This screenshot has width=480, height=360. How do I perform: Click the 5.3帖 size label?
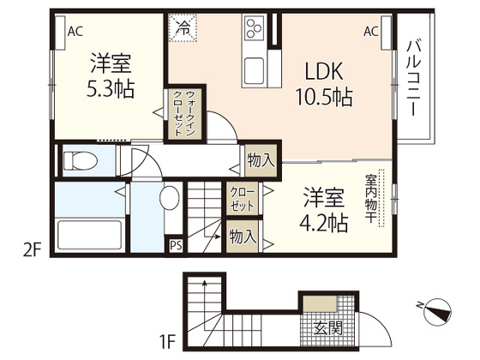(x=111, y=90)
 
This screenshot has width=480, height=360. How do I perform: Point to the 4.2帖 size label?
(x=323, y=223)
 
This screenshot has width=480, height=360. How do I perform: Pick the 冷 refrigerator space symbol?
(x=182, y=27)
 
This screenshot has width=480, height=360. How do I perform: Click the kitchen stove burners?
(x=255, y=28)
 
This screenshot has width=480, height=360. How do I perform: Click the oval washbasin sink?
(x=170, y=200)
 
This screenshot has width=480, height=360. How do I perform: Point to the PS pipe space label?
(x=176, y=246)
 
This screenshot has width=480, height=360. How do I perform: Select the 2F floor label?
(x=31, y=252)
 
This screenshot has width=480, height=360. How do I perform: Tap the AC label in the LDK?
(x=371, y=32)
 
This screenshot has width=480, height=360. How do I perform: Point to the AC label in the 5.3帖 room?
(x=75, y=32)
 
